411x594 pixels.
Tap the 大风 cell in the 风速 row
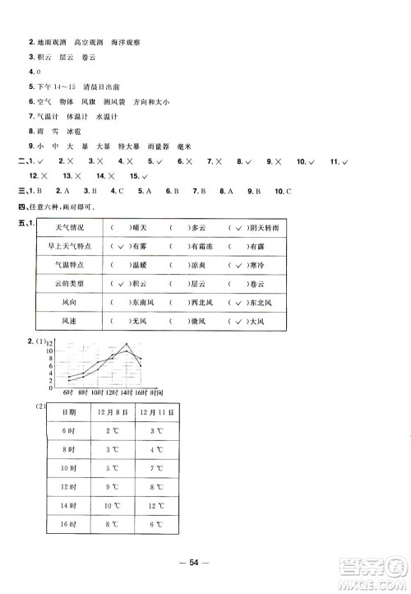click(x=243, y=322)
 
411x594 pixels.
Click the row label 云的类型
click(x=63, y=282)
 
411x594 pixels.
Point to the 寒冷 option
click(x=243, y=263)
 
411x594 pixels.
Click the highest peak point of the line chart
click(x=126, y=345)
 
